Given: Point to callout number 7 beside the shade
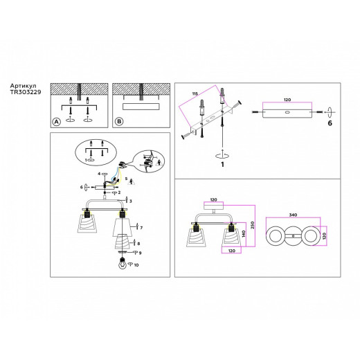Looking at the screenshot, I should [141, 227].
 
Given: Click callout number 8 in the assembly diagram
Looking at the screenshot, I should [138, 243].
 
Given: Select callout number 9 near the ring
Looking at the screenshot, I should [139, 253].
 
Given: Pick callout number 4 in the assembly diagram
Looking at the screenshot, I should [98, 173].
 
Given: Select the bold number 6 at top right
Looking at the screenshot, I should [330, 122].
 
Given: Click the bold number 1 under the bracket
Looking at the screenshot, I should [222, 163].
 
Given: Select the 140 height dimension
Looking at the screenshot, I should [244, 233].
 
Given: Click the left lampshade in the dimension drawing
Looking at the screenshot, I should [197, 239].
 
